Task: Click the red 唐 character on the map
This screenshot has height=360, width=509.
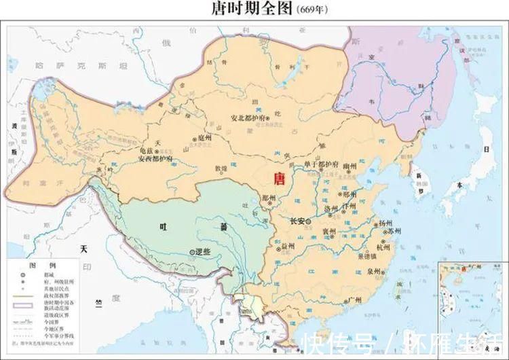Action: tap(278, 179)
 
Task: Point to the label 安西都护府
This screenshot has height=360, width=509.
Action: tap(155, 160)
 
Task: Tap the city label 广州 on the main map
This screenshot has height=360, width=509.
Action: tap(353, 300)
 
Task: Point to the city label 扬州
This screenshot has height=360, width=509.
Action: tap(385, 223)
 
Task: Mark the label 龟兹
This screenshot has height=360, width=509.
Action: tap(147, 150)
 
